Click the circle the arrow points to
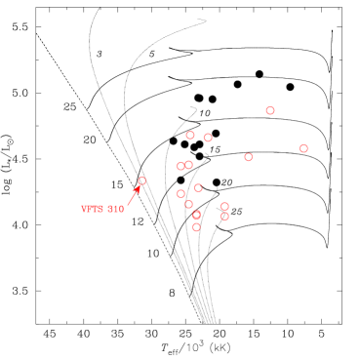click(x=141, y=180)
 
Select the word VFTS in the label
click(x=92, y=209)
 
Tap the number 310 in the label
click(x=115, y=209)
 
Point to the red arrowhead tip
click(x=140, y=186)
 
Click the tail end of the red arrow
click(x=128, y=205)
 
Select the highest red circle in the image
click(x=270, y=110)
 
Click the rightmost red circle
click(x=303, y=148)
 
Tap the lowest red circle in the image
click(x=196, y=227)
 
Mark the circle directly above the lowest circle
click(x=196, y=215)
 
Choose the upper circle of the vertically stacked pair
click(x=224, y=206)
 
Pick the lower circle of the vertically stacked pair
click(x=224, y=217)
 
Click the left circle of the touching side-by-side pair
click(x=180, y=167)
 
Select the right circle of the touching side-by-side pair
click(x=188, y=165)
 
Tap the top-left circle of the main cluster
click(x=190, y=136)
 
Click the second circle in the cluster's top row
click(x=208, y=138)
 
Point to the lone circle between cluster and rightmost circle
click(x=248, y=157)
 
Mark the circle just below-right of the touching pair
click(x=198, y=187)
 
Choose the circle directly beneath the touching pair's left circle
click(x=180, y=194)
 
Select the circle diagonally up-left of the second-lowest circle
click(x=188, y=204)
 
